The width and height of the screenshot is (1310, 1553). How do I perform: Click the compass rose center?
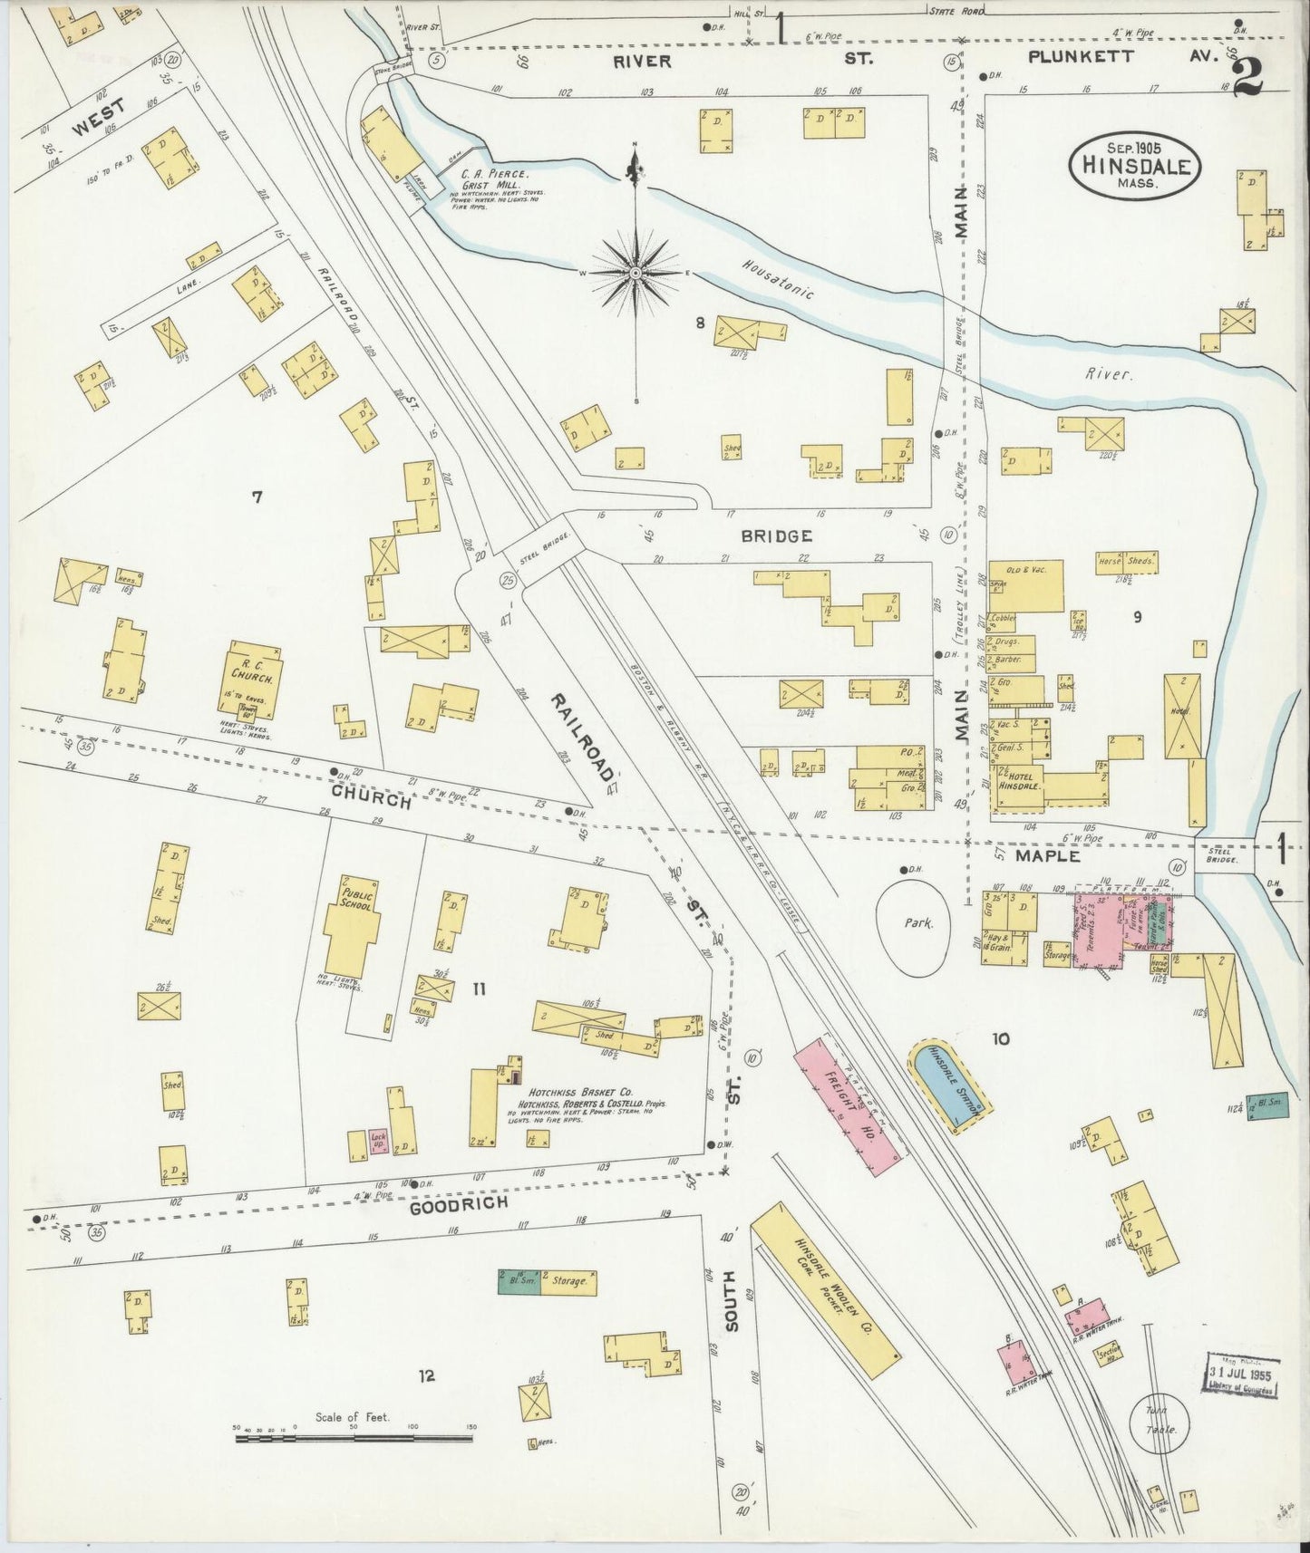(x=636, y=272)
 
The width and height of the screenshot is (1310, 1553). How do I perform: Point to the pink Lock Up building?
(x=378, y=1143)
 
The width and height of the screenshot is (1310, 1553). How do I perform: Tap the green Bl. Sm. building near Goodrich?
(x=519, y=1281)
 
